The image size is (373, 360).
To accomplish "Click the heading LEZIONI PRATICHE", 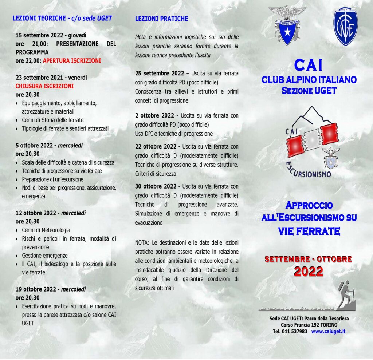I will pos(161,18).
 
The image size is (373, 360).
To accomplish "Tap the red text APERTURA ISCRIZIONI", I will pos(72,61).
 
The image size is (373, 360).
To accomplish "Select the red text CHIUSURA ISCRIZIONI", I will pos(44,86).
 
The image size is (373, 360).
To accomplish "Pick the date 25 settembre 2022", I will pos(160,73).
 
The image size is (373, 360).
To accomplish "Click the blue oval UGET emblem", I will pos(346,27).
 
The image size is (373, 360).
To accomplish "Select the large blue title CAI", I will pos(308,66).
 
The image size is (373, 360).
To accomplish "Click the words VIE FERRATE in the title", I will pos(309,231).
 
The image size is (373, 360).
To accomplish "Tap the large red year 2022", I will pos(308,271).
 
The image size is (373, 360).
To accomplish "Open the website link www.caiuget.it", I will pos(328,331).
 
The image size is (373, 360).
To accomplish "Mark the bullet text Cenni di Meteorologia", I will pos(46,230).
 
